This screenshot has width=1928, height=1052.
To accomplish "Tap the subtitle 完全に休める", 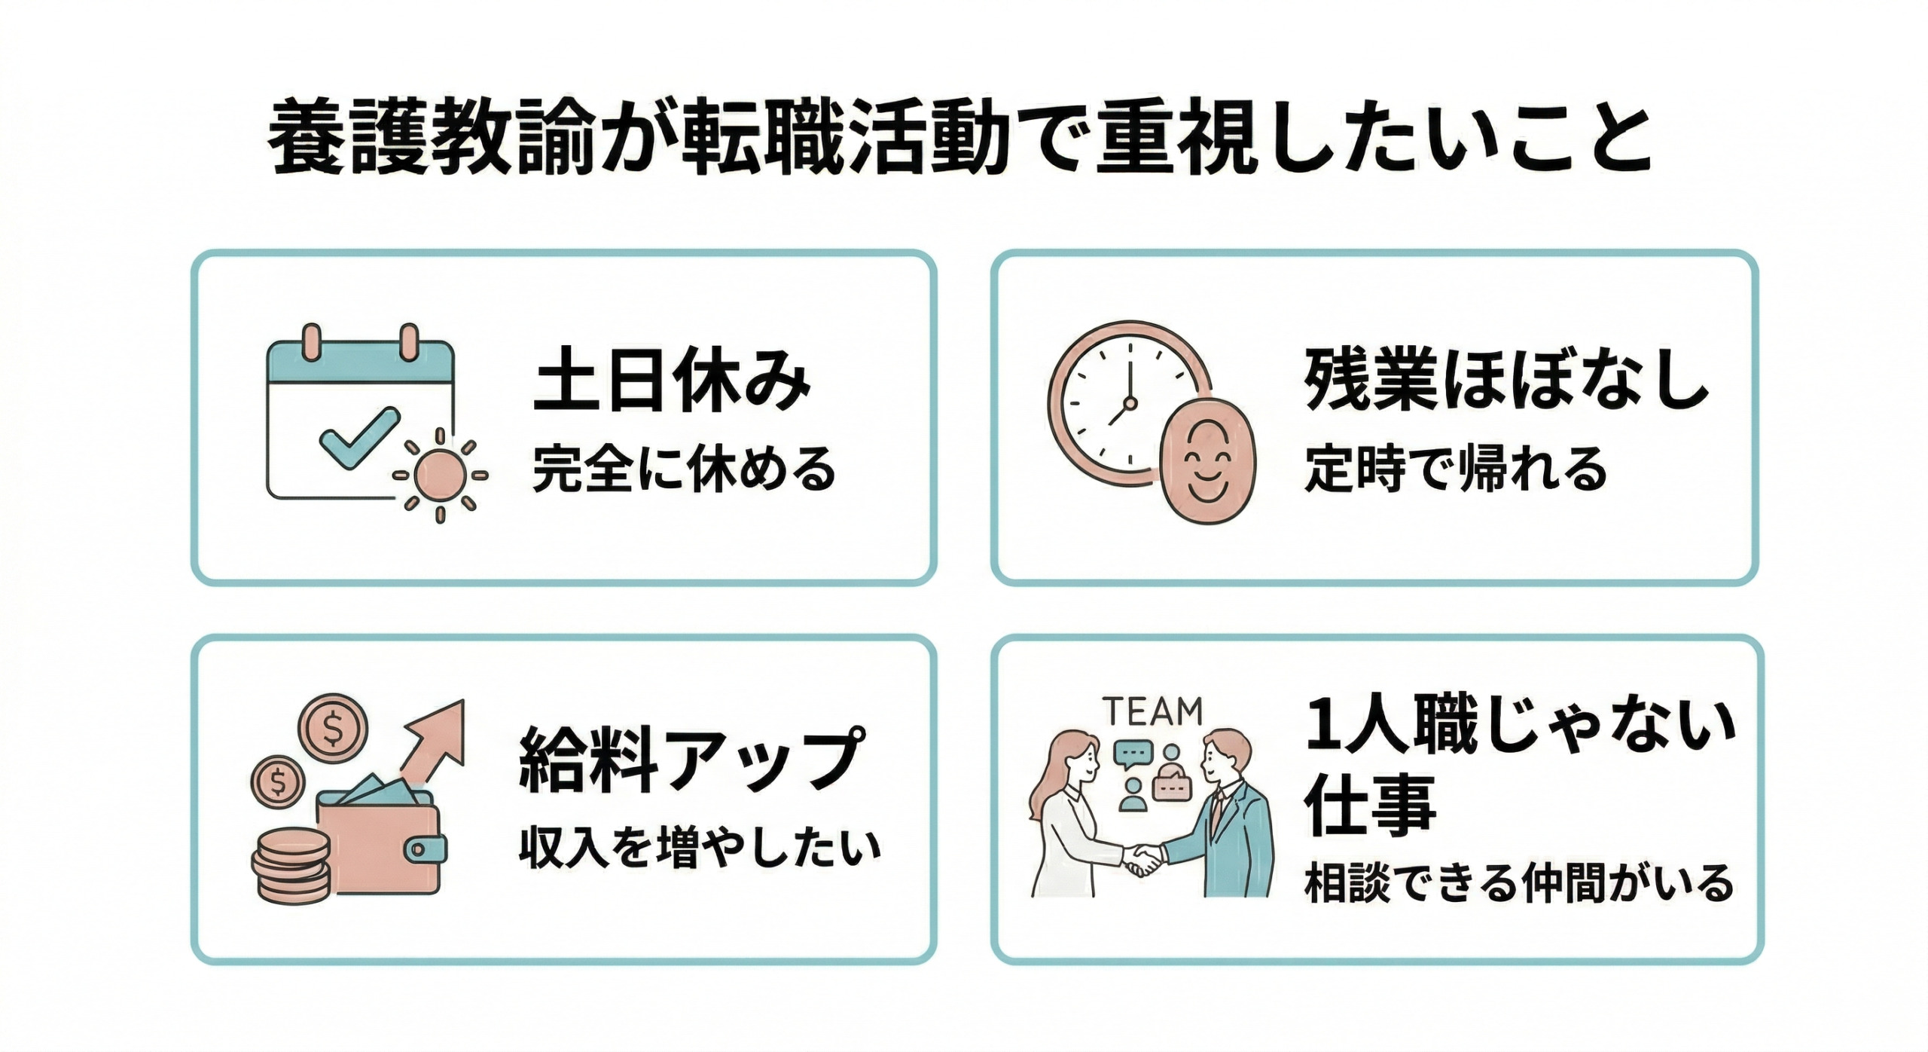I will pyautogui.click(x=684, y=469).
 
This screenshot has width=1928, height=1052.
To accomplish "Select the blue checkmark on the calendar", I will pyautogui.click(x=358, y=438).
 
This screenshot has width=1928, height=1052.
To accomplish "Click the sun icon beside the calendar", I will pyautogui.click(x=441, y=476).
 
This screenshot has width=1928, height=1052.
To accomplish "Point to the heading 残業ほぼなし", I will pyautogui.click(x=1506, y=381).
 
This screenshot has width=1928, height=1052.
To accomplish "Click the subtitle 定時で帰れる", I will pyautogui.click(x=1455, y=469).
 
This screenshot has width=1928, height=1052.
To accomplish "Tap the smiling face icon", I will pyautogui.click(x=1207, y=459).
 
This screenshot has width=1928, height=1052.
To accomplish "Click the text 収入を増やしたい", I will pyautogui.click(x=699, y=848).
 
